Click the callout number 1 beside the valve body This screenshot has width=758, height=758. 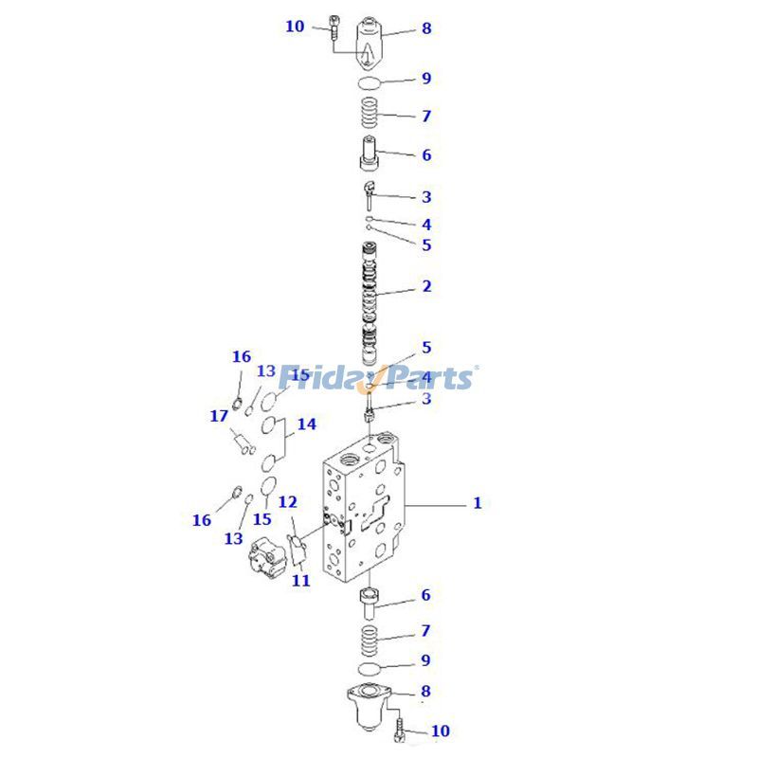point(478,503)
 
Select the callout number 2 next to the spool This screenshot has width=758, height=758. point(426,286)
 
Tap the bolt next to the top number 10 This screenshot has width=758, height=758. point(334,27)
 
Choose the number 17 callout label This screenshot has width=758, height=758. point(219,416)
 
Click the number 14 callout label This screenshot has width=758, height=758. point(306,424)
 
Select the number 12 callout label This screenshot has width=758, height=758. point(288,501)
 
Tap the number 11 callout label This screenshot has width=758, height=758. point(300,581)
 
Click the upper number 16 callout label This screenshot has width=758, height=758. point(242,356)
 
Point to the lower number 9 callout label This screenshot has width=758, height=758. point(425,660)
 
